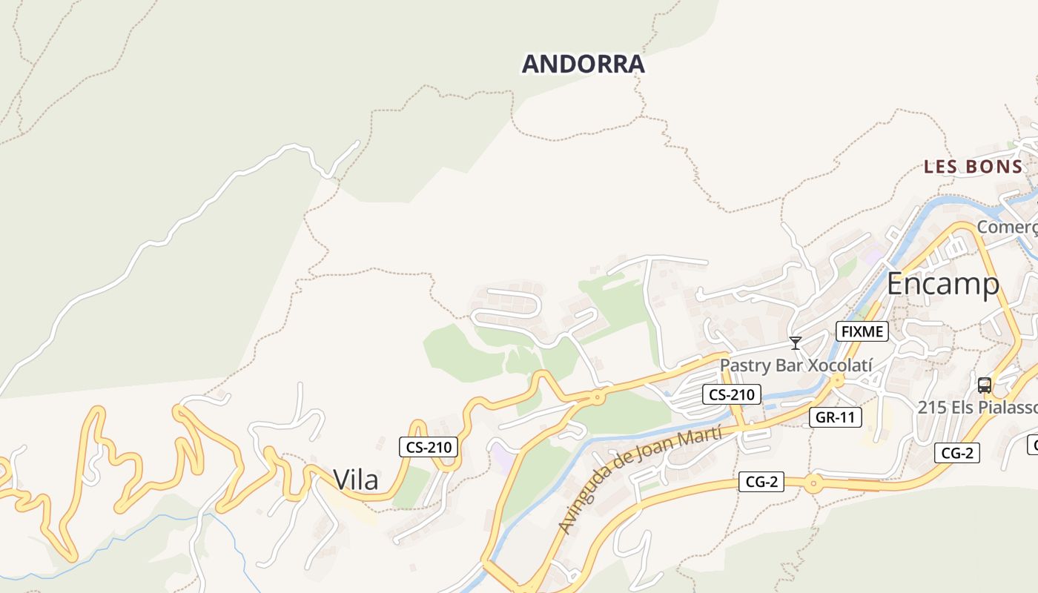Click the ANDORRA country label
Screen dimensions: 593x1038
(584, 64)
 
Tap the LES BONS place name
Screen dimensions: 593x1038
(973, 167)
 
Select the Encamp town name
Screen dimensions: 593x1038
(942, 283)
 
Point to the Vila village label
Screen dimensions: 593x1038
(356, 480)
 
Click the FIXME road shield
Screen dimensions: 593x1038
(862, 331)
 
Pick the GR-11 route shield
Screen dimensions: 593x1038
(835, 417)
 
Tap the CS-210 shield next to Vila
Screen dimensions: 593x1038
(429, 447)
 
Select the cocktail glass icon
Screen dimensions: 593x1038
(796, 343)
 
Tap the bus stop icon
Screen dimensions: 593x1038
(985, 385)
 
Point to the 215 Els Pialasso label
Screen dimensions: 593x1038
(977, 407)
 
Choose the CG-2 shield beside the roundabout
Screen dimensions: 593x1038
(761, 482)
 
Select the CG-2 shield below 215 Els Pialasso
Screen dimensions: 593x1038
(957, 453)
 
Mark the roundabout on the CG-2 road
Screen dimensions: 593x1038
(813, 485)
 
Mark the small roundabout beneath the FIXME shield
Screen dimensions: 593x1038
(837, 380)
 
